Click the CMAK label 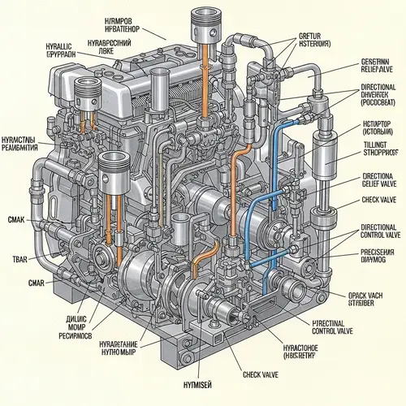16,219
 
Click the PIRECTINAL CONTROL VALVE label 335,326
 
